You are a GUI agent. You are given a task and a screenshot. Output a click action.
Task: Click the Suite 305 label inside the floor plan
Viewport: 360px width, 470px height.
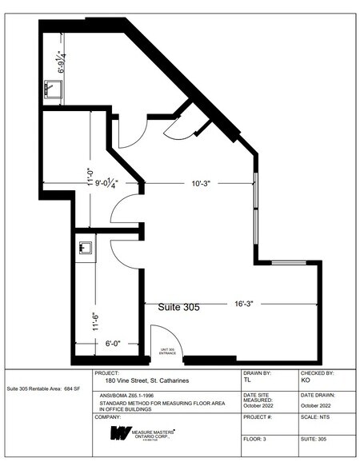178,307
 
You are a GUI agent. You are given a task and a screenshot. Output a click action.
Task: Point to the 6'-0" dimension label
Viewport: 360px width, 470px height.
115,345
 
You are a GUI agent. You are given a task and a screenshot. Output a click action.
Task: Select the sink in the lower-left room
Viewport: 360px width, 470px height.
85,248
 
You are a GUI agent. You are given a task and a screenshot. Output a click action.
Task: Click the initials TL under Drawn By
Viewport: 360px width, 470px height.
247,381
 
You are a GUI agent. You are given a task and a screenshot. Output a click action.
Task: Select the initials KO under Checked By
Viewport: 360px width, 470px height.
306,381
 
